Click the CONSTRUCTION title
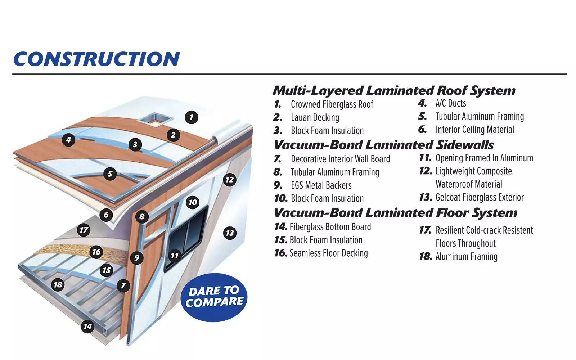click(96, 59)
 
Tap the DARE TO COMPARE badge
click(215, 297)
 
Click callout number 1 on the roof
click(191, 117)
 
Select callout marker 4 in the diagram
click(68, 140)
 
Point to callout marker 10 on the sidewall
click(193, 202)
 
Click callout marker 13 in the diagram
click(230, 233)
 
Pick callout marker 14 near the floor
click(87, 327)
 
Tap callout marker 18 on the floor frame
click(58, 285)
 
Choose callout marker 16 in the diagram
click(96, 252)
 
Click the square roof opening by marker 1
click(155, 119)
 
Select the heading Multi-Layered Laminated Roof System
click(394, 90)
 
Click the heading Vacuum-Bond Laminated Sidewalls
click(384, 145)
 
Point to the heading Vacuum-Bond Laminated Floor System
click(395, 213)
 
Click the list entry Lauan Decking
click(315, 118)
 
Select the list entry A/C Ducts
click(451, 104)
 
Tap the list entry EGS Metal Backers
click(321, 185)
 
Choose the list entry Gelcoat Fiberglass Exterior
click(480, 198)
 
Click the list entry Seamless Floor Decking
click(329, 253)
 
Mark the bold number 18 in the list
click(426, 256)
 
